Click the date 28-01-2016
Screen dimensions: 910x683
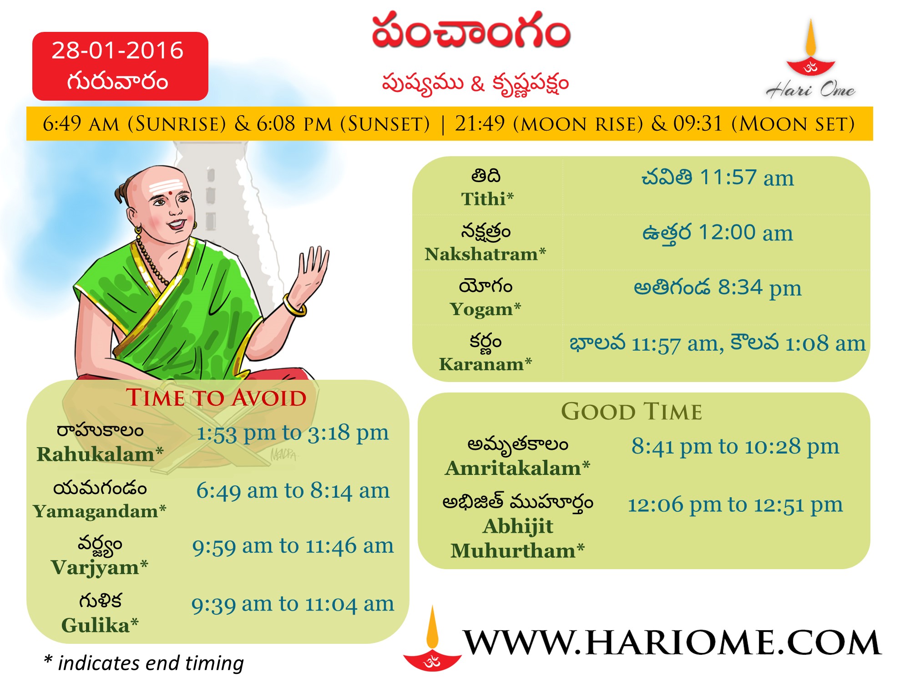click(x=117, y=50)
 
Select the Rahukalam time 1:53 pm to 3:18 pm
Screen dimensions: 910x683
click(x=293, y=433)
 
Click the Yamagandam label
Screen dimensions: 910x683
click(x=100, y=511)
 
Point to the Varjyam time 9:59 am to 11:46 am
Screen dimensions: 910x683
click(x=293, y=546)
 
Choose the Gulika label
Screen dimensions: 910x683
click(x=100, y=625)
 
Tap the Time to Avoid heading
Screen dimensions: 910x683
click(x=216, y=398)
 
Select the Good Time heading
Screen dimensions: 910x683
click(x=632, y=412)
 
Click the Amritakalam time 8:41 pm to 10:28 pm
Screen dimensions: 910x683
click(x=735, y=447)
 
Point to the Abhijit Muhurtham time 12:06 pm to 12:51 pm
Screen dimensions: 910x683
click(x=735, y=505)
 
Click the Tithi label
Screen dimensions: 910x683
click(x=487, y=199)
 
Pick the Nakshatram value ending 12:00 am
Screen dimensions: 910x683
click(x=718, y=233)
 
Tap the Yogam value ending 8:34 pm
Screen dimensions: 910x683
click(x=718, y=288)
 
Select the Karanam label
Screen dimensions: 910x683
click(x=485, y=364)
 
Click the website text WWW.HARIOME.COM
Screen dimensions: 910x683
click(x=672, y=643)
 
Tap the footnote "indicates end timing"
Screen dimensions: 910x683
click(x=151, y=663)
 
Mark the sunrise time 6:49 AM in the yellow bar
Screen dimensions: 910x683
click(x=81, y=124)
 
